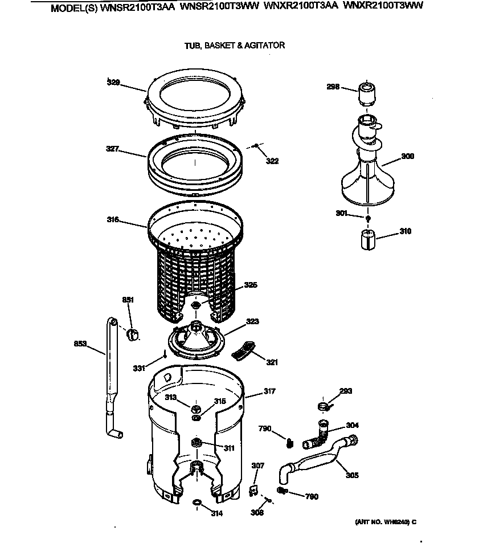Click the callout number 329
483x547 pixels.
click(x=113, y=83)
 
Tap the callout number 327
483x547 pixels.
click(x=112, y=149)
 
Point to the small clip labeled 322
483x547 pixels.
click(x=257, y=146)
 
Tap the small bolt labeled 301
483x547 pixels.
click(x=369, y=218)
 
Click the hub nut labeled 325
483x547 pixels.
click(x=197, y=306)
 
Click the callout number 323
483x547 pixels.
click(x=252, y=322)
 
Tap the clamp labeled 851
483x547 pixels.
click(x=133, y=334)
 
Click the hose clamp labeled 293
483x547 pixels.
click(x=323, y=406)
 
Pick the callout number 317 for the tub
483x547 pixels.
click(x=269, y=391)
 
